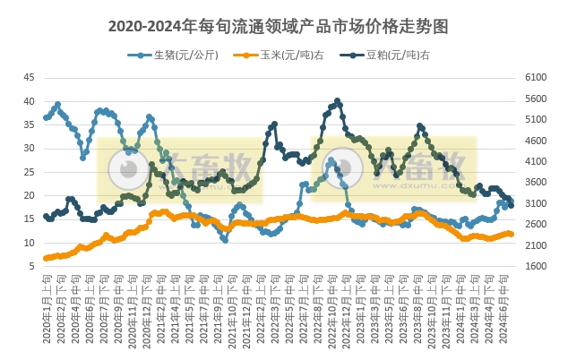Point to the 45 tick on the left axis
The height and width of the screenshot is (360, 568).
[x=29, y=77]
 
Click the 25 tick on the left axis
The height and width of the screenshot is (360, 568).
[x=29, y=172]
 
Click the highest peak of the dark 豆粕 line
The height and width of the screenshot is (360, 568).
[x=337, y=100]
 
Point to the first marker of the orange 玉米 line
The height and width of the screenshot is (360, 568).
[x=46, y=258]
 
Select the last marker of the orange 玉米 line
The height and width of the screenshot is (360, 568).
[x=512, y=234]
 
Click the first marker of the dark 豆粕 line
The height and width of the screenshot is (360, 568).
[x=46, y=216]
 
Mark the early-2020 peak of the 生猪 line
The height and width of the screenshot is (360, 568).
[x=58, y=104]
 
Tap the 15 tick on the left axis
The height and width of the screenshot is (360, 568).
[x=29, y=219]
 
